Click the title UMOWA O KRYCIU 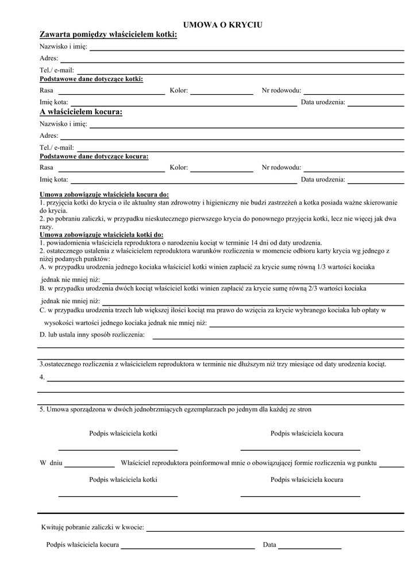tap(222, 25)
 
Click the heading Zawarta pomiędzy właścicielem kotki tap(108, 36)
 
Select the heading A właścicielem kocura tap(81, 112)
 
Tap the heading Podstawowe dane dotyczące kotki tap(91, 79)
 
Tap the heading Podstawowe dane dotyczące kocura tap(94, 156)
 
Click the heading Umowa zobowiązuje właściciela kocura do tap(104, 195)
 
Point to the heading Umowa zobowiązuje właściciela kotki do tap(101, 235)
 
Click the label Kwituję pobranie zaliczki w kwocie tap(93, 527)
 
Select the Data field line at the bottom tap(310, 549)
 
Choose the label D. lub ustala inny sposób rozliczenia tap(92, 334)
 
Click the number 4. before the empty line tap(42, 377)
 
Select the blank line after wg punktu tap(391, 467)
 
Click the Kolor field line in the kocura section tap(222, 171)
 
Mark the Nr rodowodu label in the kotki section tap(281, 90)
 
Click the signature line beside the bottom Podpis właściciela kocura tap(187, 549)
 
